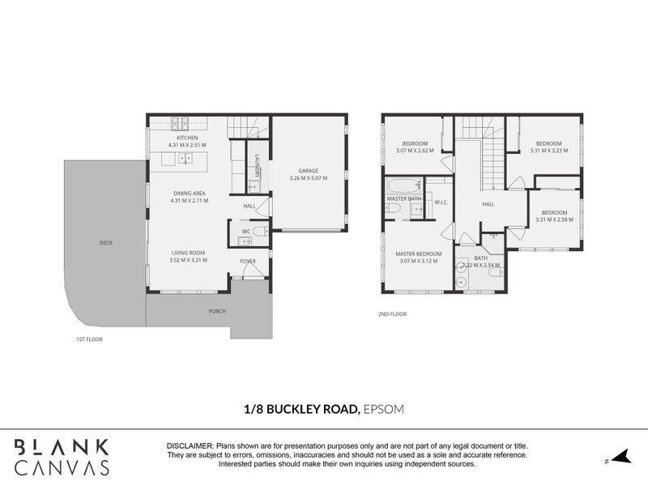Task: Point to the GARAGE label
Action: (308, 170)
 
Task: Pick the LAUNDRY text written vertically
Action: (257, 165)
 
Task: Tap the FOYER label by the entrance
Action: (247, 261)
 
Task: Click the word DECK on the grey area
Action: (106, 242)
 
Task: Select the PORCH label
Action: (217, 311)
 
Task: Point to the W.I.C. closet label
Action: (441, 202)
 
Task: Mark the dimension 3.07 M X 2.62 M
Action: (415, 151)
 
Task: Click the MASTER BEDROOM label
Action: (418, 254)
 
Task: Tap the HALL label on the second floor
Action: (488, 204)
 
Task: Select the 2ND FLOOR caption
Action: (392, 313)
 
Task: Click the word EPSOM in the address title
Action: (382, 411)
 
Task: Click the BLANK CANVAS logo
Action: (61, 457)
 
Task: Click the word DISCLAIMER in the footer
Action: (189, 446)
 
